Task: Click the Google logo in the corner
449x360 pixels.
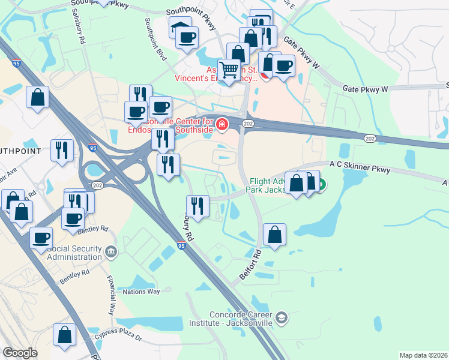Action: (x=20, y=353)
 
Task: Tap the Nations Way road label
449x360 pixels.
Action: (x=142, y=292)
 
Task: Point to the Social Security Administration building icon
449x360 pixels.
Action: (x=110, y=251)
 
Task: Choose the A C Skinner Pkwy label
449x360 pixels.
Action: (x=360, y=166)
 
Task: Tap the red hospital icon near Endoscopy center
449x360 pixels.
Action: (x=221, y=124)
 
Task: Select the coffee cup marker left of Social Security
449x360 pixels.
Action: (x=41, y=238)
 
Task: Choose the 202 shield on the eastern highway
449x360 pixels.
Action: (x=370, y=139)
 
